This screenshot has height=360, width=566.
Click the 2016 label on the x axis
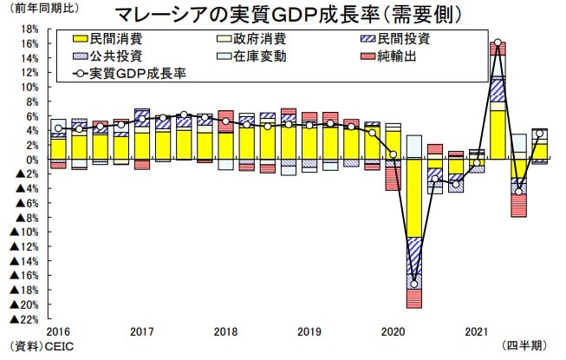(58, 332)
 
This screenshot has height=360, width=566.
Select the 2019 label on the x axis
(309, 332)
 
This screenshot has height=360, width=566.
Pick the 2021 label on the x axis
(476, 332)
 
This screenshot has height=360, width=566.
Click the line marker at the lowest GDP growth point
(413, 284)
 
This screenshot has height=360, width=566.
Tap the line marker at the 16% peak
(498, 43)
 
